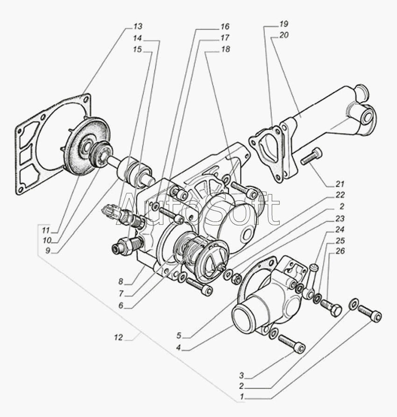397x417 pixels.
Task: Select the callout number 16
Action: [x=225, y=26]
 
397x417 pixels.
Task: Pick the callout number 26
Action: [x=340, y=252]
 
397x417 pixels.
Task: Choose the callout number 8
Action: [x=121, y=282]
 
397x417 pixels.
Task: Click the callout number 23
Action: [x=340, y=218]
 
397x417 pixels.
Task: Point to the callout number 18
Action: [x=225, y=49]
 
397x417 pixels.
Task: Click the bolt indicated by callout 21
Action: [x=311, y=156]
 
